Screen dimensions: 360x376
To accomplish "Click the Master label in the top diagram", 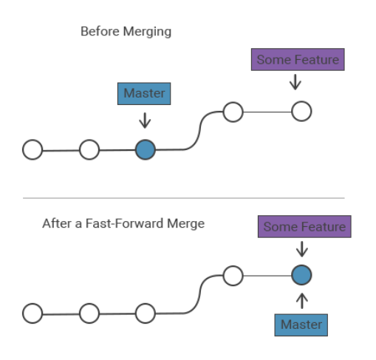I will tap(144, 94).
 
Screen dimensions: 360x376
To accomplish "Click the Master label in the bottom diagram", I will tap(301, 325).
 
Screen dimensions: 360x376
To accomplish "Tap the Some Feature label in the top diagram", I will tap(298, 60).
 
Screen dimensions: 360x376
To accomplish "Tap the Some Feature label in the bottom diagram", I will tap(304, 227).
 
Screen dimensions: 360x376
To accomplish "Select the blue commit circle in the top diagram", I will tap(145, 150).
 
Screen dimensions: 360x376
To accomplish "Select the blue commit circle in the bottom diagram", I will tap(301, 276).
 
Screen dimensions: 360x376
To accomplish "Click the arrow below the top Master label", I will tap(145, 119).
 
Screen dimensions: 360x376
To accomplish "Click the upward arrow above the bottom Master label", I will tap(301, 299).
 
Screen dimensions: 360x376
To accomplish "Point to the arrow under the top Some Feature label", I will tap(296, 82).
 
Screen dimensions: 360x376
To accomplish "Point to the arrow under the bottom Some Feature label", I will tap(303, 249).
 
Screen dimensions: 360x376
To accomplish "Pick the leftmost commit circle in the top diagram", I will tap(33, 150).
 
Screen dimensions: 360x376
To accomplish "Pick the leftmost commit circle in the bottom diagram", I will tap(33, 313).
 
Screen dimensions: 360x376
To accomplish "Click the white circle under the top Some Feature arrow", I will tap(301, 112).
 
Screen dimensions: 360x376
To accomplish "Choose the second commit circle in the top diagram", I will tap(89, 150).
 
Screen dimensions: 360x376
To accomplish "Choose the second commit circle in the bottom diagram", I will tap(89, 313).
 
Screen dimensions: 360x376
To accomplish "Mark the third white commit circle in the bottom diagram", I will tap(145, 313).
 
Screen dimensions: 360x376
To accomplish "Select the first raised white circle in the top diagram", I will tap(233, 112).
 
